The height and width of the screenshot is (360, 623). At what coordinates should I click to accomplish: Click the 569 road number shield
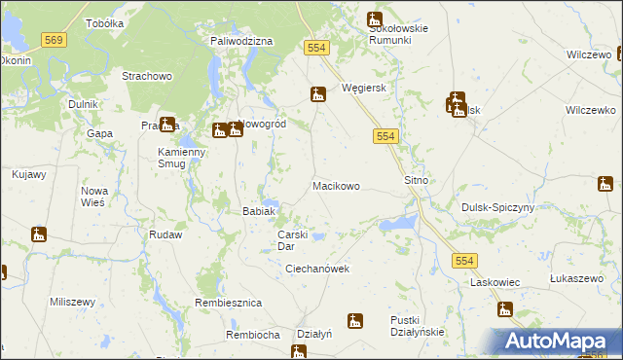(55, 39)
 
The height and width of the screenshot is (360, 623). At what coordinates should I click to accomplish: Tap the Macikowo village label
(336, 185)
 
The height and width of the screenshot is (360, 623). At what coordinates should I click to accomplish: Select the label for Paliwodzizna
(241, 42)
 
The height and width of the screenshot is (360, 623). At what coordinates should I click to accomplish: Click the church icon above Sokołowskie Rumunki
(375, 18)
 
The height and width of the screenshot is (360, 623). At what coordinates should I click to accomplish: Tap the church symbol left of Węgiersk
(317, 94)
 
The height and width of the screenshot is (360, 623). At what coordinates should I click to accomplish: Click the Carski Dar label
(293, 240)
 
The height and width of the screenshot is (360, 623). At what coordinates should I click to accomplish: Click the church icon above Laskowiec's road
(504, 309)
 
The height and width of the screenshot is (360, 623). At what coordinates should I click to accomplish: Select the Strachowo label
(146, 75)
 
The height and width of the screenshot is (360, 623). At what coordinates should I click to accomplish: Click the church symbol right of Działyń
(355, 320)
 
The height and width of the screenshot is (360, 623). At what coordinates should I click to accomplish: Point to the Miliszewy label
(71, 302)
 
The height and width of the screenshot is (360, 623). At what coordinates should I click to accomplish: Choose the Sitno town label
(417, 181)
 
